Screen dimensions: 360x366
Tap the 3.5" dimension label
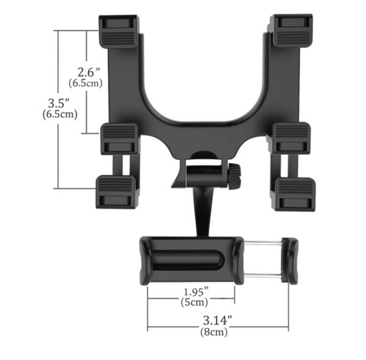[x=60, y=101]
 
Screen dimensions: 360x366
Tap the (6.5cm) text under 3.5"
[x=60, y=113]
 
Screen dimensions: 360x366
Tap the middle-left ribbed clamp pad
[x=120, y=138]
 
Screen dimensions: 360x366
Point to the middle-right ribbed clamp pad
[x=292, y=137]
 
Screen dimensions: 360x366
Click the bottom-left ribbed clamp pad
[x=116, y=190]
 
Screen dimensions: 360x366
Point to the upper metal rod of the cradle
[x=262, y=243]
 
